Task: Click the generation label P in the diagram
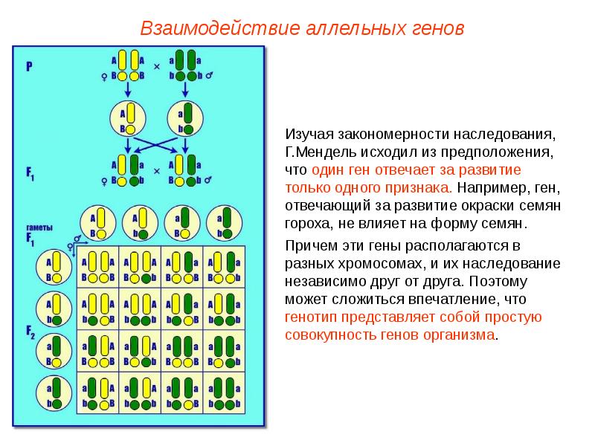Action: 29,66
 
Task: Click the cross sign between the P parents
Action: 157,67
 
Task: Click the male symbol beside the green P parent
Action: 209,76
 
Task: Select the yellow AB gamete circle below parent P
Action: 127,118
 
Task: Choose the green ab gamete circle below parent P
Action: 186,118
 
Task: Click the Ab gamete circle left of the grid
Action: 56,309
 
